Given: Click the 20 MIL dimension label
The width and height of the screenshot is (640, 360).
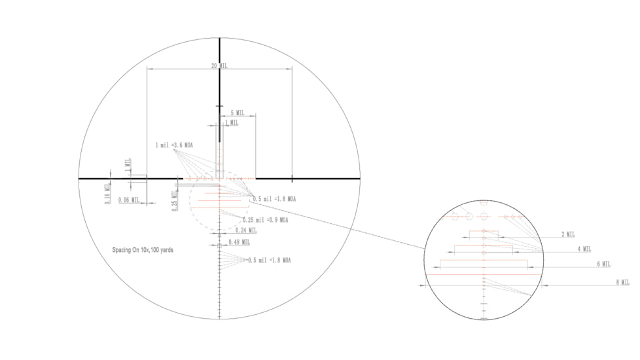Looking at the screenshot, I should [219, 66].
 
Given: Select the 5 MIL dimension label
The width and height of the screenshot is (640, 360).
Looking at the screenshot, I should [237, 113].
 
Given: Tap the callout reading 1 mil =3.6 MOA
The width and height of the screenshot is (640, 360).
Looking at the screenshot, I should [174, 145].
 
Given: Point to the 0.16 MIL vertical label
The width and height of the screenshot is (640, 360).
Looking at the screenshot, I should [108, 195].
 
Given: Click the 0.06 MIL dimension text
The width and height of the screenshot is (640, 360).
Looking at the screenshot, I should [129, 200].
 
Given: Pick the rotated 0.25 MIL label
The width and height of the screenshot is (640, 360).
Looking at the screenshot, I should [175, 199].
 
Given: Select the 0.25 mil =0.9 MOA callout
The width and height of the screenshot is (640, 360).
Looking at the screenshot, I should [265, 220].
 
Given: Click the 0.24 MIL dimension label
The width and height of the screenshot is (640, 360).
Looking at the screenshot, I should [246, 230].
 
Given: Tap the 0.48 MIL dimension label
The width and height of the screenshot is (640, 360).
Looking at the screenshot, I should [239, 242].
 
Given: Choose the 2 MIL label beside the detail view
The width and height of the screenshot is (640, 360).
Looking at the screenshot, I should [567, 234].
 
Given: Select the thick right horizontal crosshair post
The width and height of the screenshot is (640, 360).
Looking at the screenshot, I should [308, 178].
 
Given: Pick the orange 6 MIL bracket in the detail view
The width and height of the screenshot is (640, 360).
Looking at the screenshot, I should [484, 261].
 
